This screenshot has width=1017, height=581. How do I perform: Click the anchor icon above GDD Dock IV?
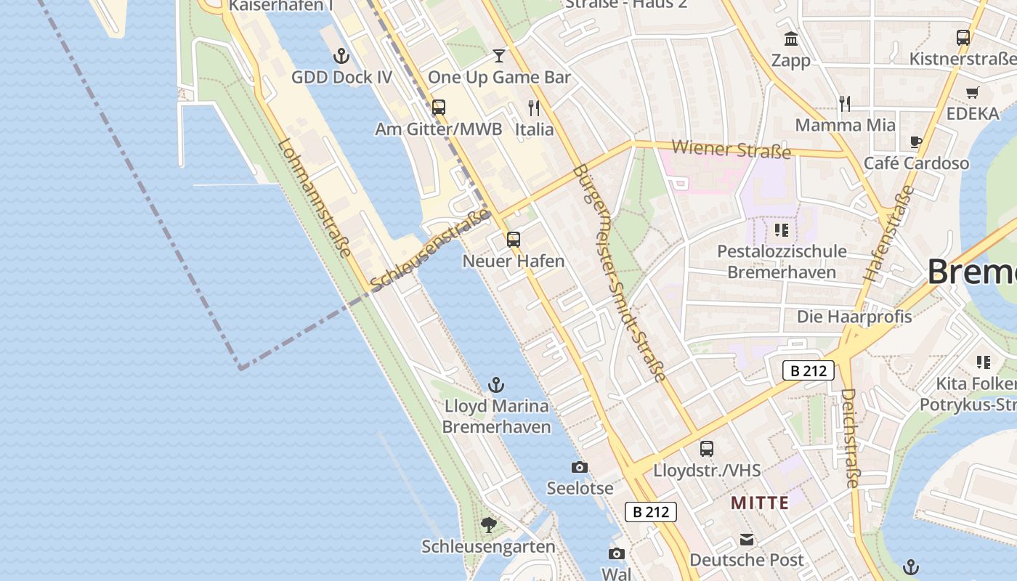pyautogui.click(x=341, y=56)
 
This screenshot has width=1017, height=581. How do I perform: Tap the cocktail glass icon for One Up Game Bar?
pyautogui.click(x=498, y=56)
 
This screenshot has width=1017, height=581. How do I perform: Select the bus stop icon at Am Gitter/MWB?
pyautogui.click(x=438, y=107)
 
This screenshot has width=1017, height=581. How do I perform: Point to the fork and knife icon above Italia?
pyautogui.click(x=534, y=108)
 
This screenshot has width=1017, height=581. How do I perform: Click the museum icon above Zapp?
pyautogui.click(x=791, y=38)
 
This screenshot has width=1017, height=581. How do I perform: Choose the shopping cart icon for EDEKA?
pyautogui.click(x=973, y=92)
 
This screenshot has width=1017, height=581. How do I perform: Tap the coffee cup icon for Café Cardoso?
pyautogui.click(x=916, y=142)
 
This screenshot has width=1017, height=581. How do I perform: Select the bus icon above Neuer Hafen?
pyautogui.click(x=514, y=240)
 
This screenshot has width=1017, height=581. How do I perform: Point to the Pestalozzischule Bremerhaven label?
pyautogui.click(x=782, y=262)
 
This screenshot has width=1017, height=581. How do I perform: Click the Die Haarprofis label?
pyautogui.click(x=854, y=317)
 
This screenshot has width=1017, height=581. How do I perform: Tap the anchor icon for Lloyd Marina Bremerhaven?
pyautogui.click(x=496, y=385)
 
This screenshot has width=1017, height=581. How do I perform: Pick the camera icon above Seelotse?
pyautogui.click(x=580, y=467)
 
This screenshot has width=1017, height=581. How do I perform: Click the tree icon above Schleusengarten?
pyautogui.click(x=489, y=524)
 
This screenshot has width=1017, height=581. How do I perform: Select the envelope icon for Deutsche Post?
pyautogui.click(x=747, y=539)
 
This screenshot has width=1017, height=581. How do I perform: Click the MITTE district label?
pyautogui.click(x=760, y=503)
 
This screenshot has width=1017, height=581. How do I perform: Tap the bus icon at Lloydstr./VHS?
pyautogui.click(x=707, y=449)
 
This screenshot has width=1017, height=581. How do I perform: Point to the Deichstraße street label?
pyautogui.click(x=851, y=437)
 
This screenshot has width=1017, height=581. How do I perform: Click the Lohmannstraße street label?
pyautogui.click(x=315, y=198)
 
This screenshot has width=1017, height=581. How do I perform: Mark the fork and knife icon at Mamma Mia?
pyautogui.click(x=845, y=104)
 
